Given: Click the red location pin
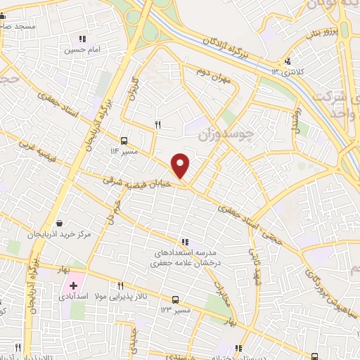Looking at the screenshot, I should pos(181,165).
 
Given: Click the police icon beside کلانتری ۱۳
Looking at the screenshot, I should pos(287,62).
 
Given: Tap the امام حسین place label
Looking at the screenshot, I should pos(81,50).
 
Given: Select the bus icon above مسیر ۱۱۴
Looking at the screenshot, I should pos(124,140).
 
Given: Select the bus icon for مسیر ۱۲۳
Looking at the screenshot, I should pos(175,298).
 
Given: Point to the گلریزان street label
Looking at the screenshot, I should pos(131,91).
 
